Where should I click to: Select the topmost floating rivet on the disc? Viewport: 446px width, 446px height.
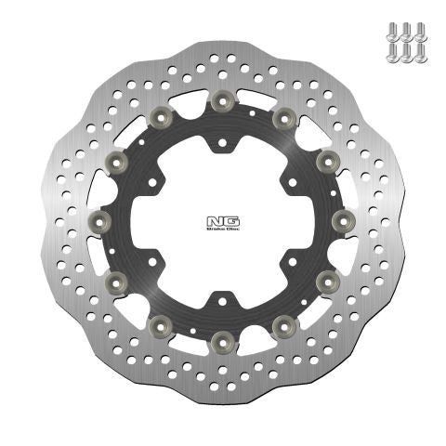coord(223,99)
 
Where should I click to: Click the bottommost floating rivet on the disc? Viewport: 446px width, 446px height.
coord(223,343)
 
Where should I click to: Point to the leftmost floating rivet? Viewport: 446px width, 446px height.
coord(101,221)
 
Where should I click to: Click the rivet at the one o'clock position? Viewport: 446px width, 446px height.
coord(283,116)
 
